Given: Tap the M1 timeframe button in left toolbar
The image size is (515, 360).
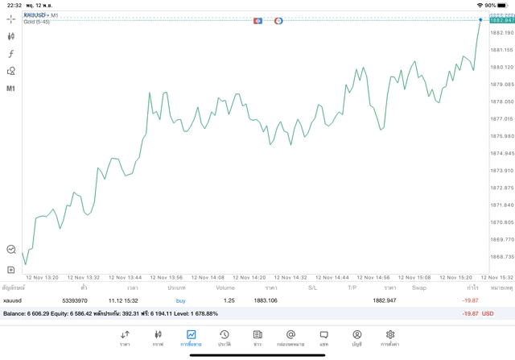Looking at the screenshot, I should pos(11,88).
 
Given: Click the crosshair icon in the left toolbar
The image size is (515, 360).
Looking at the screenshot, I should pos(11,18).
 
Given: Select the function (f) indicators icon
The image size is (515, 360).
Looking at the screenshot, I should pos(11,53).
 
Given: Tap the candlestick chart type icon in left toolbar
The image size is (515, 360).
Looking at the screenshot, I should pos(11,35).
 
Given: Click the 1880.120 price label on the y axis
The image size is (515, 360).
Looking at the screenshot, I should pos(501,67).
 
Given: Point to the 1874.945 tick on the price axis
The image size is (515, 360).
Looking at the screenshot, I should pos(501,153).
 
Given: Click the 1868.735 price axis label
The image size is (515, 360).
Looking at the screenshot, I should pos(501,257).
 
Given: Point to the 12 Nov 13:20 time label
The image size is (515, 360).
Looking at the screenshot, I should pos(43,277).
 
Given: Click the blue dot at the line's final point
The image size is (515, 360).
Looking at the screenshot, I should pos(480,19).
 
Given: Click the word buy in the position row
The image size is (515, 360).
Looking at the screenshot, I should pos(180,300).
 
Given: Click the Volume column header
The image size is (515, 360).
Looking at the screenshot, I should pos(225,288).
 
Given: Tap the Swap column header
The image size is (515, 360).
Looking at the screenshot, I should pos(419,288).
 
